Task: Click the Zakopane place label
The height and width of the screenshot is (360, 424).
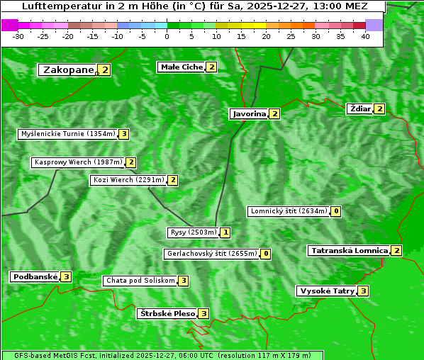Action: point(68,70)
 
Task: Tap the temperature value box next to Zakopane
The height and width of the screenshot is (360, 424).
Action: point(105,70)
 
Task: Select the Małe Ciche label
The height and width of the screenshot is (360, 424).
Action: point(181,67)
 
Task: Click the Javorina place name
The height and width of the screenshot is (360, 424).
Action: point(249,114)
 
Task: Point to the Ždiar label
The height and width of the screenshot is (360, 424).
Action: point(359,108)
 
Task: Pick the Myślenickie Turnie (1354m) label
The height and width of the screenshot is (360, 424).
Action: point(67,134)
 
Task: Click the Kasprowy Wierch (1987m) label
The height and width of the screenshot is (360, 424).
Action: point(78,162)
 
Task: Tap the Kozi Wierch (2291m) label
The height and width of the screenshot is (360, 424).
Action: point(128,180)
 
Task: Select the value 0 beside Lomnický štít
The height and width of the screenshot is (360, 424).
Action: point(336,211)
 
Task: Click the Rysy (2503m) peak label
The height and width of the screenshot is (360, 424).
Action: point(193,232)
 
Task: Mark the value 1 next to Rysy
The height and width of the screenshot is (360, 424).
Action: point(225,232)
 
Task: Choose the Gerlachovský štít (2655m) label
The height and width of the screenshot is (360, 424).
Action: point(211,254)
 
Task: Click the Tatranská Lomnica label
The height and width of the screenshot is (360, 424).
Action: point(349,251)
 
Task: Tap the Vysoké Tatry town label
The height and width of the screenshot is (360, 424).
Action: point(326,291)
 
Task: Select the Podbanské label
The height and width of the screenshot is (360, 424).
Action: point(34,277)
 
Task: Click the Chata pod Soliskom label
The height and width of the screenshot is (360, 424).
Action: point(140,281)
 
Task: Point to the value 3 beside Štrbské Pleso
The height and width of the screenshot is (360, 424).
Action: point(203,314)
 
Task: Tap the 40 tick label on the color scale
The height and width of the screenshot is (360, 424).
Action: point(365,35)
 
